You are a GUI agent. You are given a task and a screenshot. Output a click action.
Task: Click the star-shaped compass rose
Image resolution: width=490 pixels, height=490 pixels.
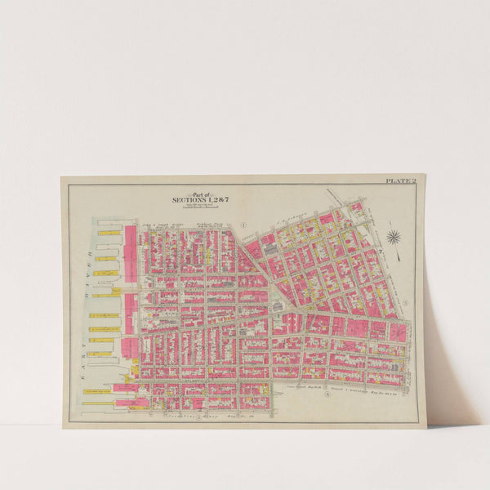[x=394, y=238]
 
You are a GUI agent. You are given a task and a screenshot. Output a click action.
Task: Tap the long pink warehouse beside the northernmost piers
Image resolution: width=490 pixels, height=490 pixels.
[x=130, y=253]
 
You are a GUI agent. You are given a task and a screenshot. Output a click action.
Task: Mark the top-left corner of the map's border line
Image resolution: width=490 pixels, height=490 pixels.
[x=69, y=185]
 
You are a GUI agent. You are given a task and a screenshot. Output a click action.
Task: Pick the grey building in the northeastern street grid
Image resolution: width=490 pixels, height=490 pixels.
[x=269, y=239]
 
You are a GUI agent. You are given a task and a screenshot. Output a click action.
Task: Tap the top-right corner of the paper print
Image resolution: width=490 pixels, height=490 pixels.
[x=425, y=175]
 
